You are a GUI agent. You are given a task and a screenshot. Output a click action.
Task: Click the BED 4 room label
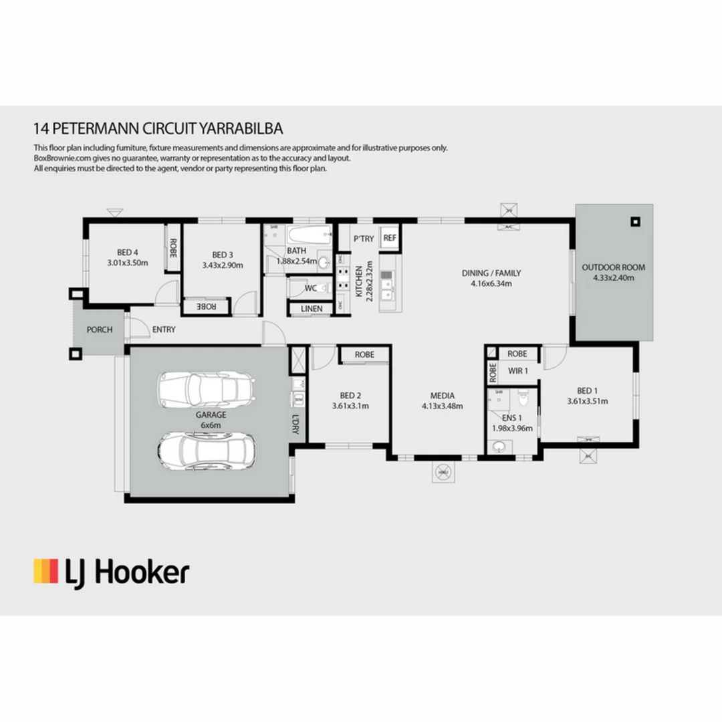click(x=127, y=252)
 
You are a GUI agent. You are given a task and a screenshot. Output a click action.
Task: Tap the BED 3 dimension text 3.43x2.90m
click(x=223, y=265)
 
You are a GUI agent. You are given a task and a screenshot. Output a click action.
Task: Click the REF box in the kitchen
click(x=390, y=238)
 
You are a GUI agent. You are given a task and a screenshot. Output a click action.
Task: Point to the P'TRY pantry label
click(x=364, y=239)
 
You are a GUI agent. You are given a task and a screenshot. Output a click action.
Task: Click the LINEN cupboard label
click(x=312, y=309)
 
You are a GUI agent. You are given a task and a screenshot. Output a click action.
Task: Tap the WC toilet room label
click(x=311, y=288)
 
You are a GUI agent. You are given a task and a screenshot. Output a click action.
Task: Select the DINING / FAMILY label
click(x=491, y=273)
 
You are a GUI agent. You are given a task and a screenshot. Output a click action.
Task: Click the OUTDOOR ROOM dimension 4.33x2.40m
click(x=614, y=277)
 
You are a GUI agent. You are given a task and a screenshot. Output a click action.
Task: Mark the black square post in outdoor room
click(x=634, y=222)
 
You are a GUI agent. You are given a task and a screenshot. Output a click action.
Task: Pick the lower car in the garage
click(x=207, y=449)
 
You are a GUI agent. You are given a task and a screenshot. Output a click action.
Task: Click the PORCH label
click(x=100, y=330)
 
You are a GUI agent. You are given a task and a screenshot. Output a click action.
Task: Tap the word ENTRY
click(x=164, y=330)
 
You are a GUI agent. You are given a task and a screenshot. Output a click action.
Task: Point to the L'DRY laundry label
click(x=295, y=426)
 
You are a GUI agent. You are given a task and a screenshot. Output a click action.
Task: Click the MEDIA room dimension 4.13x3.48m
click(x=442, y=406)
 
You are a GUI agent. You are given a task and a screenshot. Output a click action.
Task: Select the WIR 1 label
click(x=518, y=370)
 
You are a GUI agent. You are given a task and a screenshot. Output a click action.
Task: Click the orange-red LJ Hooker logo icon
click(x=45, y=572)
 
